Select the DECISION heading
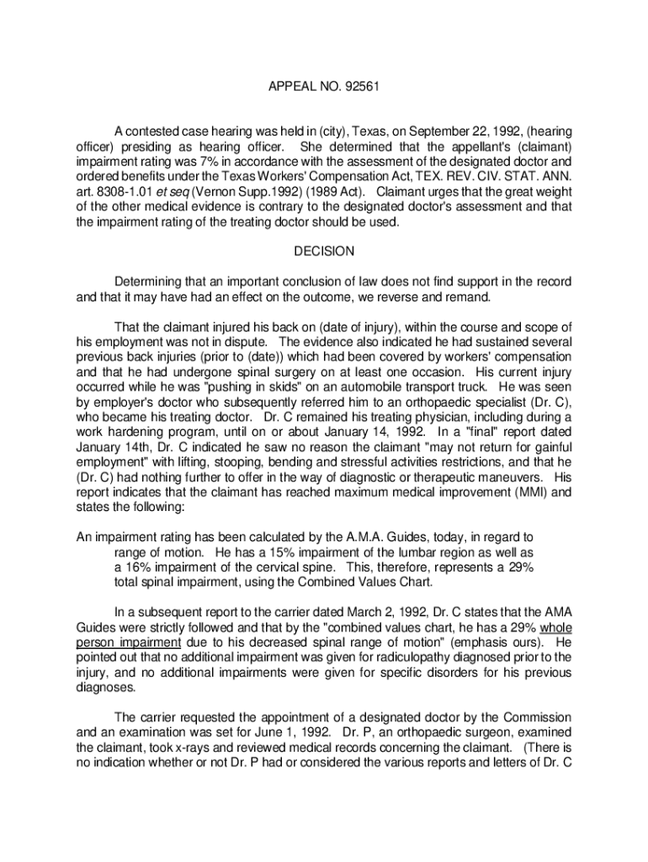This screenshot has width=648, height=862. tap(324, 251)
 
